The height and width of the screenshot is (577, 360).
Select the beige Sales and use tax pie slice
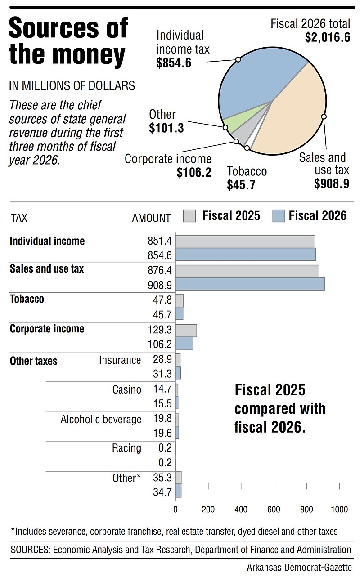pos(294,113)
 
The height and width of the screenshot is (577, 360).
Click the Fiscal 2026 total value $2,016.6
pos(328,37)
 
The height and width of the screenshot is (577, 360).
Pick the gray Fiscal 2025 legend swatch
pos(189,215)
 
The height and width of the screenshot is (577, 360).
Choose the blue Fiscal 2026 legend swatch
pos(279,215)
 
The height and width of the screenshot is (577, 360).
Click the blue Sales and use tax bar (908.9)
pos(250,284)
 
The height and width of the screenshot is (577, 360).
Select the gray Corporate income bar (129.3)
pos(186,331)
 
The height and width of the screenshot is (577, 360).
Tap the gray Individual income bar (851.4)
pos(245,242)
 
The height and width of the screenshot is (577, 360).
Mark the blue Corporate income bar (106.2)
pos(184,343)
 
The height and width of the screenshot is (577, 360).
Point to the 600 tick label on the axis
pos(274,509)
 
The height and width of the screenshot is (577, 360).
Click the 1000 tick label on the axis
pos(339,509)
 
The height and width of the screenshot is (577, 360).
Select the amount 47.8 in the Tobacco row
pos(162,300)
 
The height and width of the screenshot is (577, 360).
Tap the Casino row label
pos(127,389)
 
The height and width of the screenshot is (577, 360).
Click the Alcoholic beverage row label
pos(101,420)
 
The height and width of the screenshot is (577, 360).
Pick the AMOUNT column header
pos(151,218)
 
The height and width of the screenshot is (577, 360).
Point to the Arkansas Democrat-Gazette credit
pos(299,567)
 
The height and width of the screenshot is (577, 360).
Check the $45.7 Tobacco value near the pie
pos(241,185)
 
